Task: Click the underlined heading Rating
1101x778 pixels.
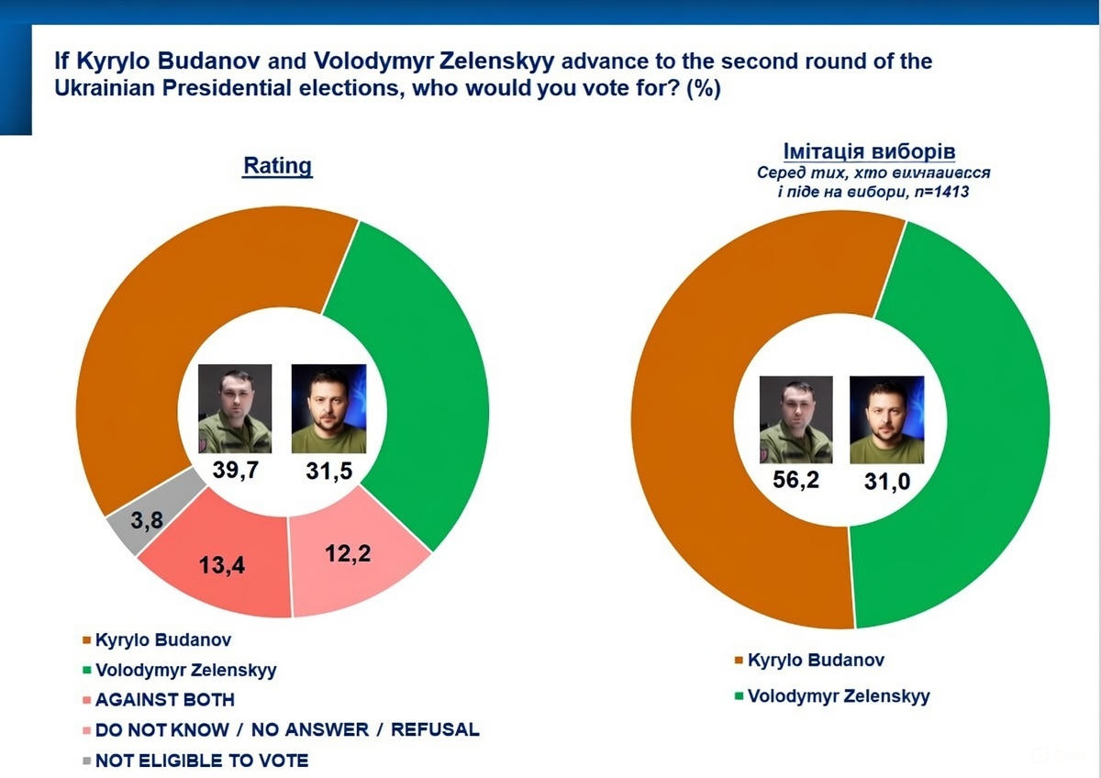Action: [277, 166]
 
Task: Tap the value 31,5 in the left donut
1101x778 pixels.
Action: [328, 472]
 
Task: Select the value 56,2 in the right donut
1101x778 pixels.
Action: [795, 481]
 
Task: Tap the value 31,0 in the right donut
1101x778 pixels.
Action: [887, 482]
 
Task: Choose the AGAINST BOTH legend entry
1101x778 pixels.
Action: [164, 699]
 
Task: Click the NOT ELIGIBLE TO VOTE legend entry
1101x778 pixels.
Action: [201, 760]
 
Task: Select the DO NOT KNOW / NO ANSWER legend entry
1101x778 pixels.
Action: [286, 729]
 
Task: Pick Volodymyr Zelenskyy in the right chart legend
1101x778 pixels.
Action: [838, 695]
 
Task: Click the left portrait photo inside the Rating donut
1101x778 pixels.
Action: [235, 408]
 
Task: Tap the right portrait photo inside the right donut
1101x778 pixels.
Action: [886, 420]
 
